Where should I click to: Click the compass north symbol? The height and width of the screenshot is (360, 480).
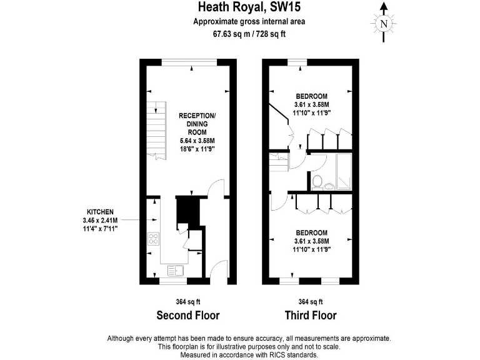tap(384, 24)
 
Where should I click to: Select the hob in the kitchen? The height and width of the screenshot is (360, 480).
tap(153, 239)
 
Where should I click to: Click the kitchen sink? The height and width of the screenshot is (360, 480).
tap(175, 271)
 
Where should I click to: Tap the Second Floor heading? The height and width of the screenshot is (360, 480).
tap(187, 314)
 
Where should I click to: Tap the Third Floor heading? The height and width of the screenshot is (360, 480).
tap(311, 314)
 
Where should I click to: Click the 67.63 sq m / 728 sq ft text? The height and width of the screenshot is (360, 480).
tap(249, 34)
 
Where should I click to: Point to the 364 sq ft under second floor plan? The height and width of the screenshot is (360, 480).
tap(187, 301)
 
